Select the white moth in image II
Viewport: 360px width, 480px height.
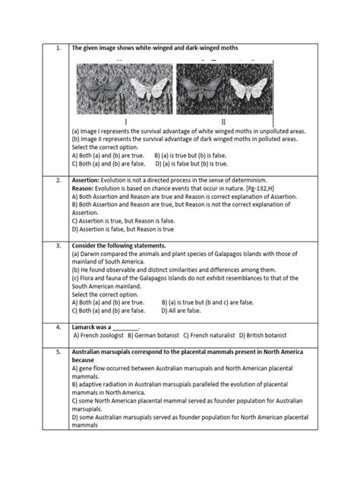(x=241, y=90)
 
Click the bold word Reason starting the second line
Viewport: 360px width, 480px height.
(x=84, y=188)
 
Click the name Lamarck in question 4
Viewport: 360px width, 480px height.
(x=86, y=326)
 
